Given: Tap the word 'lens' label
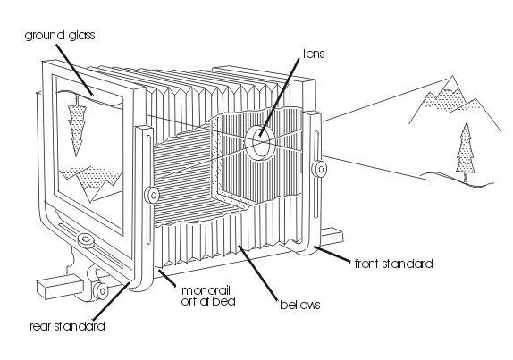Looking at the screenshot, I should (314, 54).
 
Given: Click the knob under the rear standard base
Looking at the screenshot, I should (100, 289).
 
